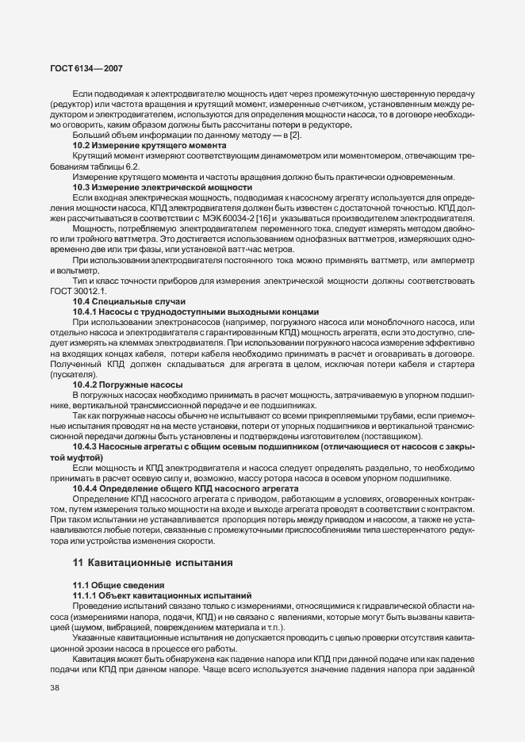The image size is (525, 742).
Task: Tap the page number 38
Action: click(x=55, y=687)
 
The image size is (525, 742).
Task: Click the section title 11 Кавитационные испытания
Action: click(x=152, y=564)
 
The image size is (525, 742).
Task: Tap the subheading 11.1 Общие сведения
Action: click(x=109, y=584)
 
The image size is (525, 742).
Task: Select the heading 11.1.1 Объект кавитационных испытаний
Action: click(x=162, y=594)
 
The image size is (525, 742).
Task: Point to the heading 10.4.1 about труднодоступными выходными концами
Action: click(x=195, y=312)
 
